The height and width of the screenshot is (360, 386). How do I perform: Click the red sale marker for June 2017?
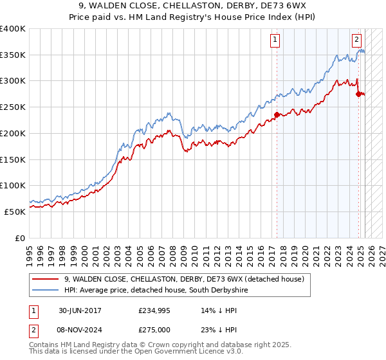click(x=277, y=115)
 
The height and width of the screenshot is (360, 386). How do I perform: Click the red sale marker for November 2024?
click(x=358, y=94)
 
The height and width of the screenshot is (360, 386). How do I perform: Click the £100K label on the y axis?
click(x=13, y=185)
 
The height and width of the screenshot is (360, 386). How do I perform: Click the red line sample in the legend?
click(x=46, y=279)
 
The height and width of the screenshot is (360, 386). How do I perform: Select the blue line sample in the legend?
click(x=46, y=291)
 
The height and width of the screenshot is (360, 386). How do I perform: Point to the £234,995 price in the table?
click(x=154, y=310)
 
